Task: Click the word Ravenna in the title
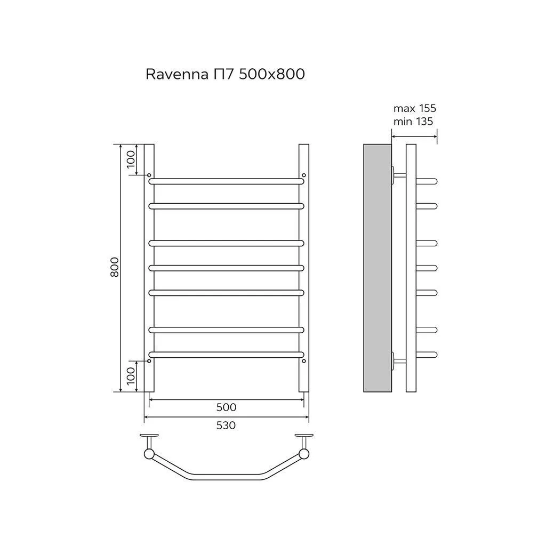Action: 177,74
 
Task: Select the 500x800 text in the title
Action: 271,74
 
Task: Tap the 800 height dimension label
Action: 115,267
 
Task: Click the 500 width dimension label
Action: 226,407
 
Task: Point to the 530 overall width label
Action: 226,425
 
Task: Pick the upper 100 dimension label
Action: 131,159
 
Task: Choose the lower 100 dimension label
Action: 131,376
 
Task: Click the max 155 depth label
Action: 415,108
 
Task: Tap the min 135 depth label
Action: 413,121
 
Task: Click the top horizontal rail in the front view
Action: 226,181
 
